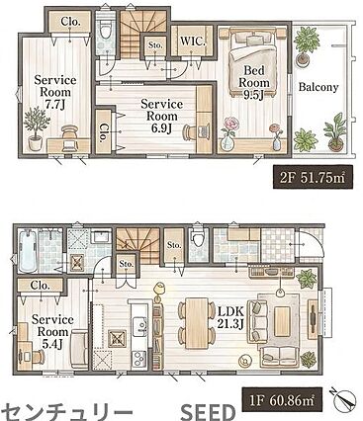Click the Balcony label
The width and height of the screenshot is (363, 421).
(318, 87)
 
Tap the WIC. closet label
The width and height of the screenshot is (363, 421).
(193, 42)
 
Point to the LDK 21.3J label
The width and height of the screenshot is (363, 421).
(230, 317)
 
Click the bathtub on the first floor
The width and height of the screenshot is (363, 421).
(28, 251)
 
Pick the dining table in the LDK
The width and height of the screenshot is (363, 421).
(197, 323)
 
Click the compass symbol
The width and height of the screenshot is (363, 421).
(344, 398)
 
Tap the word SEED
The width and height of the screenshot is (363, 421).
(208, 411)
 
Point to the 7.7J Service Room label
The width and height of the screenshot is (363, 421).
(55, 92)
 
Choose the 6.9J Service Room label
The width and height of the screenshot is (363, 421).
(161, 116)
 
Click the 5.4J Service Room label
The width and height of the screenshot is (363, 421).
(52, 332)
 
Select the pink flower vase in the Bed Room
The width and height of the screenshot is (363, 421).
(227, 133)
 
